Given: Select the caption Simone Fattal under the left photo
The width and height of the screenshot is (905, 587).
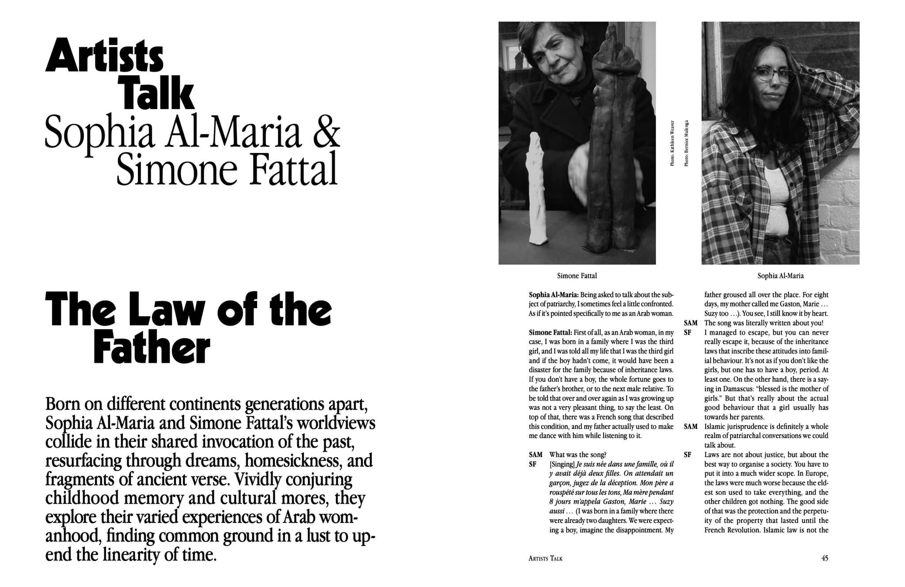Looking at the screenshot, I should (577, 276).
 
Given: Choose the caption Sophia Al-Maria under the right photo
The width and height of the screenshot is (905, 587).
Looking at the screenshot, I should (780, 276).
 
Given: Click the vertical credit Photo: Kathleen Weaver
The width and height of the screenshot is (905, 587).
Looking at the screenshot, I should (672, 143).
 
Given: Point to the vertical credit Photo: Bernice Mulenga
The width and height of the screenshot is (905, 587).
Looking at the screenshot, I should (686, 143).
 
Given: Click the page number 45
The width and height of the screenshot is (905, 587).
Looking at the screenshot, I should (825, 558).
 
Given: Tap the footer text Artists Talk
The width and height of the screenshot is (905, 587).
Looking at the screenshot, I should (545, 559).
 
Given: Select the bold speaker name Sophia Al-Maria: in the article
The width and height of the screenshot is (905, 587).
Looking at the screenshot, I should (554, 295).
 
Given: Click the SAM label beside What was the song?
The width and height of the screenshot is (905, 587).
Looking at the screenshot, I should (535, 455).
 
